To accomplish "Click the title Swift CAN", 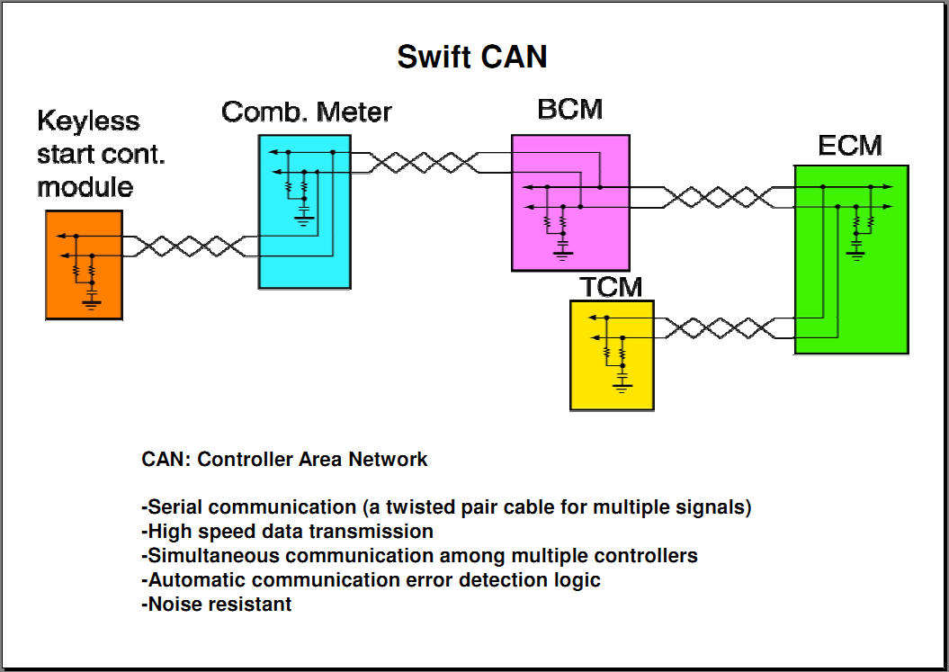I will coord(472,57).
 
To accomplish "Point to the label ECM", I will coord(850,145).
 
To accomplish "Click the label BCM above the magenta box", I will coord(569,110).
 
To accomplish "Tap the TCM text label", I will coord(611,287).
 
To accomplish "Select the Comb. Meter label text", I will coord(307,112).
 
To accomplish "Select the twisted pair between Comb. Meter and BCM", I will coord(428,163).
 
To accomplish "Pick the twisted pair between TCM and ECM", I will coord(720,327).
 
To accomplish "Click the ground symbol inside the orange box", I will coord(91,300).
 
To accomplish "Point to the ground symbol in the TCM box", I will coord(622,384).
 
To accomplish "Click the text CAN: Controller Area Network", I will coord(284,460).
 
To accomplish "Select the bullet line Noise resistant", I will coord(217,605).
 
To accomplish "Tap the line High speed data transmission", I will coord(287,532).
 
